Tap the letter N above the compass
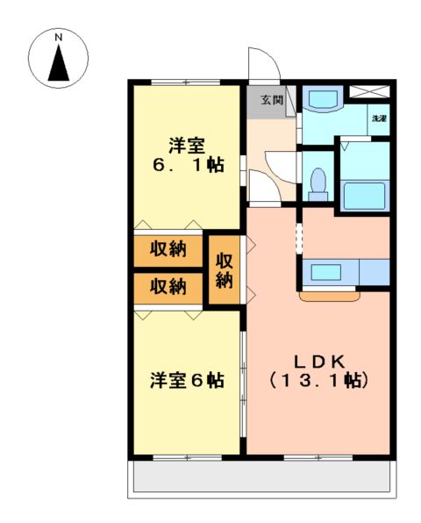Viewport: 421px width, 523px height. click(x=59, y=37)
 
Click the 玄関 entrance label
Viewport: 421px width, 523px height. click(x=271, y=100)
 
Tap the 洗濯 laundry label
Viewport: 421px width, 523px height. click(x=379, y=118)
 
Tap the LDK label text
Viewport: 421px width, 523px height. click(x=321, y=361)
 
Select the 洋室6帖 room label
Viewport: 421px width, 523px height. click(x=186, y=380)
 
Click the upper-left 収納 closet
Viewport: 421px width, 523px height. click(x=167, y=248)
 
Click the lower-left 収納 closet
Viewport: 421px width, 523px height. click(x=167, y=286)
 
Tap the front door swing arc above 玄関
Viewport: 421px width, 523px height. click(x=262, y=67)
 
